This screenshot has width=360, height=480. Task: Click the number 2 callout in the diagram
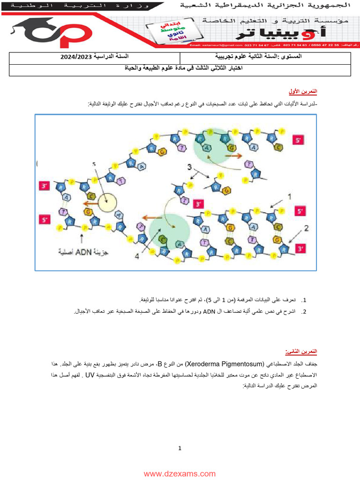pos(307,228)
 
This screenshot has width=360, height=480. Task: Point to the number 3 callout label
pos(189,166)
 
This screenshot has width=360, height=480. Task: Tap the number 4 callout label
pos(137,256)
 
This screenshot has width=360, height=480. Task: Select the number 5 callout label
pos(94,164)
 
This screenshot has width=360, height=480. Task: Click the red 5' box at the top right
pos(299,140)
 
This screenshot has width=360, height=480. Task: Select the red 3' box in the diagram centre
pos(199,204)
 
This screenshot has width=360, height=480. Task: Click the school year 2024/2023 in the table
pos(77,57)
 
